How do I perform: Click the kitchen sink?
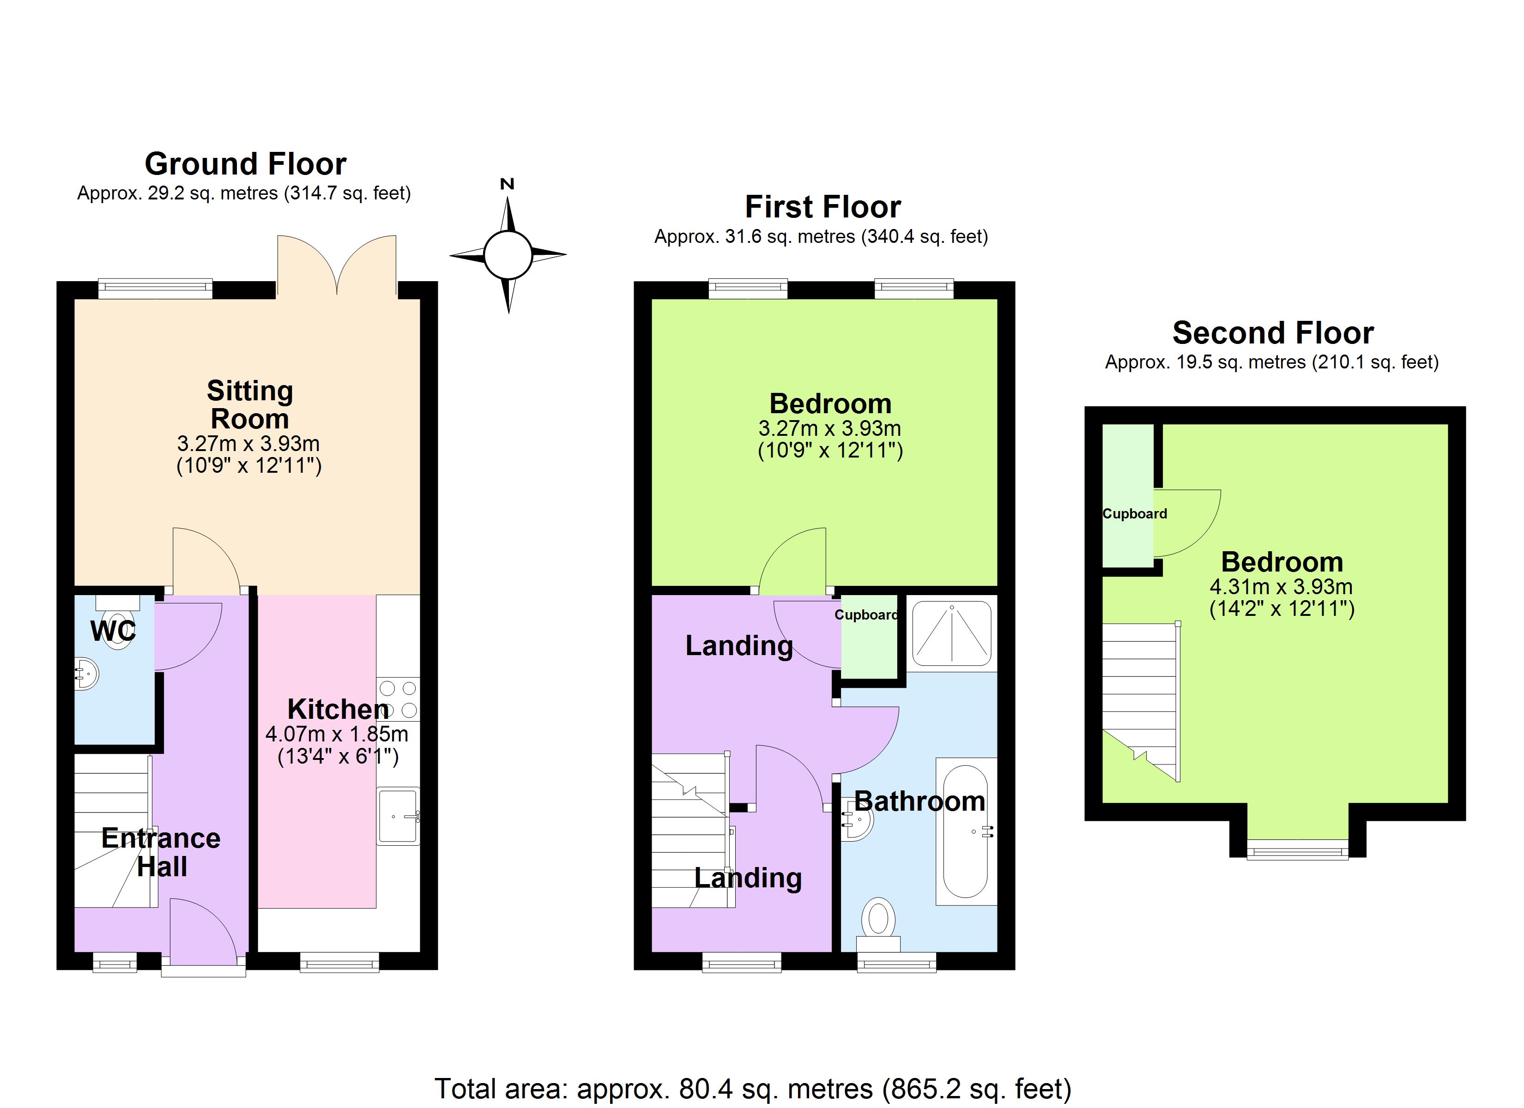coord(399,816)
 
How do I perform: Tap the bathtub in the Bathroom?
coord(966,832)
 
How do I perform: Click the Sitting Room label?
coord(249,404)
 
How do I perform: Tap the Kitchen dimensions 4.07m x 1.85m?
coord(337,733)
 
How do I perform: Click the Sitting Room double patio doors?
coord(337,265)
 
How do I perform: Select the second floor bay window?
coord(1298,849)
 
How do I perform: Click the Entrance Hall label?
coord(161,852)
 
